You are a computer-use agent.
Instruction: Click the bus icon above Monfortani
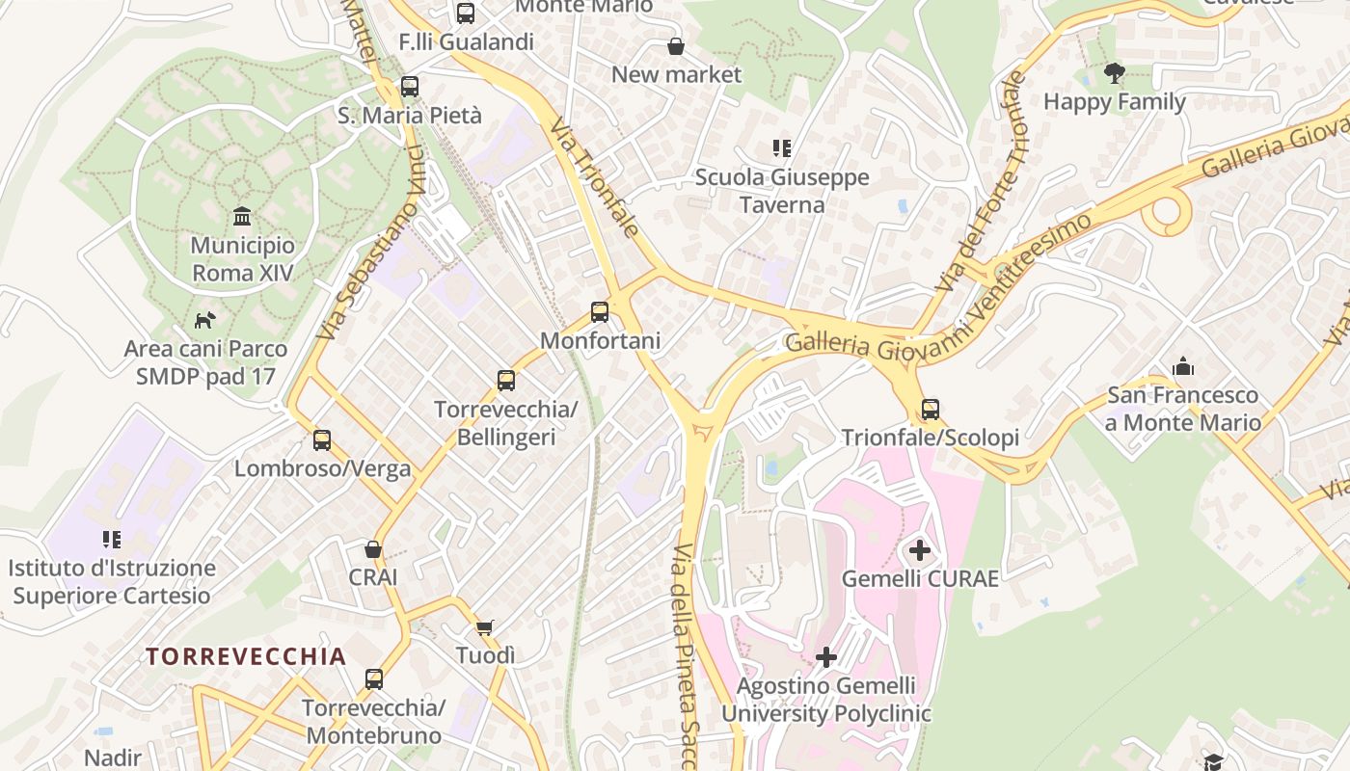[x=600, y=312]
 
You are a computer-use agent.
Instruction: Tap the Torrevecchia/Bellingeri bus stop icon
[x=506, y=381]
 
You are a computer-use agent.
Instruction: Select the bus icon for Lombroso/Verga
[x=322, y=440]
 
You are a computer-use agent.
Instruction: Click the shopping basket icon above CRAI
[x=373, y=549]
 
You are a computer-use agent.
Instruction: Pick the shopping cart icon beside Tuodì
[x=485, y=627]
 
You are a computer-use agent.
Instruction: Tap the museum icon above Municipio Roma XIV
[x=242, y=216]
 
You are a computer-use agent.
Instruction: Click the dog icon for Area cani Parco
[x=204, y=320]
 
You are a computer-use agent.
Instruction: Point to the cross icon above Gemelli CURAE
[x=920, y=550]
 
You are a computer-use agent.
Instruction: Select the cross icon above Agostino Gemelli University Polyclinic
[x=826, y=657]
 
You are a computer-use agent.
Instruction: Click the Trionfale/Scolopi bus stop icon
[x=931, y=410]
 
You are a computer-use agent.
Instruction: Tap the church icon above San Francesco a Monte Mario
[x=1183, y=366]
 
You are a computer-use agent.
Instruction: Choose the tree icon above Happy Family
[x=1115, y=73]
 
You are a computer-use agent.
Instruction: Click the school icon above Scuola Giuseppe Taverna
[x=782, y=148]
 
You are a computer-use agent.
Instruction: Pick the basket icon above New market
[x=677, y=46]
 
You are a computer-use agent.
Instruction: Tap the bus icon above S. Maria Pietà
[x=410, y=87]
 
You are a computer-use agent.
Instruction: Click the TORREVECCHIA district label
[x=246, y=656]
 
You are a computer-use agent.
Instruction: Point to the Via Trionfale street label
[x=595, y=177]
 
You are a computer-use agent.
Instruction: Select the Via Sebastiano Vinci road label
[x=370, y=246]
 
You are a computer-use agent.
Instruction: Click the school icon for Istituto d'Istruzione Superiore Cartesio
[x=112, y=540]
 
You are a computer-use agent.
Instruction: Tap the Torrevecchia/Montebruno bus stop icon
[x=374, y=679]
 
